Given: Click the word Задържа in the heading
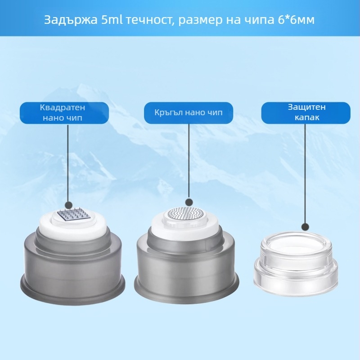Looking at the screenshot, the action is [71, 20].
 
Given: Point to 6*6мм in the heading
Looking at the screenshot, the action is [296, 20].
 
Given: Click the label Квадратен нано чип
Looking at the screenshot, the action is [63, 112].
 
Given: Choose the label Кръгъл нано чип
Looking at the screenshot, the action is [189, 112].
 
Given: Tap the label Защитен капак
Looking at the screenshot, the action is [307, 112].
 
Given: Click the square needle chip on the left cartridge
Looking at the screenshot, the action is [73, 215].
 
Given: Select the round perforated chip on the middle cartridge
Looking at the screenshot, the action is [186, 213].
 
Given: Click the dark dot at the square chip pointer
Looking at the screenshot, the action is [69, 205].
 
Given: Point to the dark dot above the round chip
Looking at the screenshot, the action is [189, 202].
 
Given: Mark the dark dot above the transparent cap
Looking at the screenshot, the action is [305, 227].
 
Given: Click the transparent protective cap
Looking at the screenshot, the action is [296, 261].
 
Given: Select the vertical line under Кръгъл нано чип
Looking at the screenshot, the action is [189, 161].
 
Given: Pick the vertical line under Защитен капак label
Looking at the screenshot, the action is [305, 174].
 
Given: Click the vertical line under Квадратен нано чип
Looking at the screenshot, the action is [68, 163].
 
